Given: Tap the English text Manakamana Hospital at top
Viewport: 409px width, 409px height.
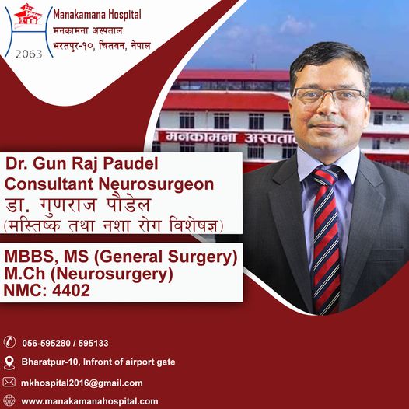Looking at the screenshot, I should (98, 14).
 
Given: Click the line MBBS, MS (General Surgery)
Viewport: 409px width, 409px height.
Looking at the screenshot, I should (121, 257).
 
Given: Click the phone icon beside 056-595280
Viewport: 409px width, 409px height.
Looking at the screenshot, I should (10, 342).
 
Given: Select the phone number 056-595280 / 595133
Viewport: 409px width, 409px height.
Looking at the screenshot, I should (65, 343).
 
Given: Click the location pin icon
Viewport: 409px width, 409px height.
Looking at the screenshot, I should (10, 362).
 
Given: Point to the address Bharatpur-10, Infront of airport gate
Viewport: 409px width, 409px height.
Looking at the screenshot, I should (98, 362).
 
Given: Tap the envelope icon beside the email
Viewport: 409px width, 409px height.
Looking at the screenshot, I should (10, 382).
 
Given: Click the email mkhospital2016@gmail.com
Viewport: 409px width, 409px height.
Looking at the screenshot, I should (82, 383).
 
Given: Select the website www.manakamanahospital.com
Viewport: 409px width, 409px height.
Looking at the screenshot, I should (89, 401).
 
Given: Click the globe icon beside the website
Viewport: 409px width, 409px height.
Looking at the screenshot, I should (10, 401).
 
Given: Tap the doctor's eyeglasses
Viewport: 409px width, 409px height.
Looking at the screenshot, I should (329, 96).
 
